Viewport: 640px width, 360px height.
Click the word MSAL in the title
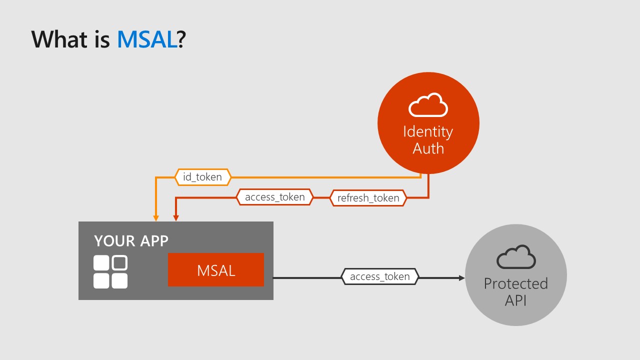(x=147, y=39)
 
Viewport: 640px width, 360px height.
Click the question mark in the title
(x=181, y=39)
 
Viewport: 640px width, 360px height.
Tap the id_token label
(x=202, y=177)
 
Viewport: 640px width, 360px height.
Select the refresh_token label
(x=368, y=198)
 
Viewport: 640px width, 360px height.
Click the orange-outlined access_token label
(x=274, y=197)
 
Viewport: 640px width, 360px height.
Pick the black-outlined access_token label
(x=379, y=276)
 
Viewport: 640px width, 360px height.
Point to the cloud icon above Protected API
(x=516, y=257)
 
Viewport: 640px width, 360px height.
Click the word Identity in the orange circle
(x=428, y=131)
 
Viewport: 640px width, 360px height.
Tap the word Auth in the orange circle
(x=428, y=148)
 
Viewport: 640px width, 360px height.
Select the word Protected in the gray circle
(x=516, y=283)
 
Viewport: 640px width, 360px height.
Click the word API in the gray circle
(x=516, y=300)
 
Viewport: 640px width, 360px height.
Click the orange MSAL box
(x=216, y=270)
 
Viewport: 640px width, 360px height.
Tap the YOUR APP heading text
(x=131, y=241)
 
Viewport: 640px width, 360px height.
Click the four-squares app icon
(x=110, y=272)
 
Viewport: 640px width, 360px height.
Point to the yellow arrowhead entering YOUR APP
(x=156, y=218)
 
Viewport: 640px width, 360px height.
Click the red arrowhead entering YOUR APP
(x=175, y=218)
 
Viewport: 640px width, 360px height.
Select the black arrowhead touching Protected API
(x=461, y=277)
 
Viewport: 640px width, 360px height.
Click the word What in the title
(x=59, y=39)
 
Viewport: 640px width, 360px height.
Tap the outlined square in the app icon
(x=119, y=263)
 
